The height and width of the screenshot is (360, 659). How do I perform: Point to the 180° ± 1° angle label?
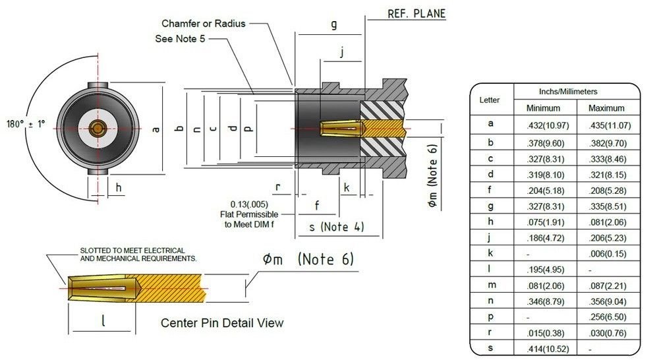[x=26, y=124]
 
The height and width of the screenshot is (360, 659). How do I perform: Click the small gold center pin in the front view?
[x=98, y=126]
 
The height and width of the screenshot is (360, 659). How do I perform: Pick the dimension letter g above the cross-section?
[x=334, y=25]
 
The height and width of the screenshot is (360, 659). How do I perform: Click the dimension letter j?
[x=341, y=53]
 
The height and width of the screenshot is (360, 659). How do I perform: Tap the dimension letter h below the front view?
[x=119, y=187]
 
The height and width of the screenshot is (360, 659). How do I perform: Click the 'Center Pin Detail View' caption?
[x=222, y=323]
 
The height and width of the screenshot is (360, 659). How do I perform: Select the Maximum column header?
[x=606, y=108]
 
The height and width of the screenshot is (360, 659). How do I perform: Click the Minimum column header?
[x=543, y=108]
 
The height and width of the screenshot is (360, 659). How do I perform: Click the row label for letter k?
[x=491, y=253]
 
